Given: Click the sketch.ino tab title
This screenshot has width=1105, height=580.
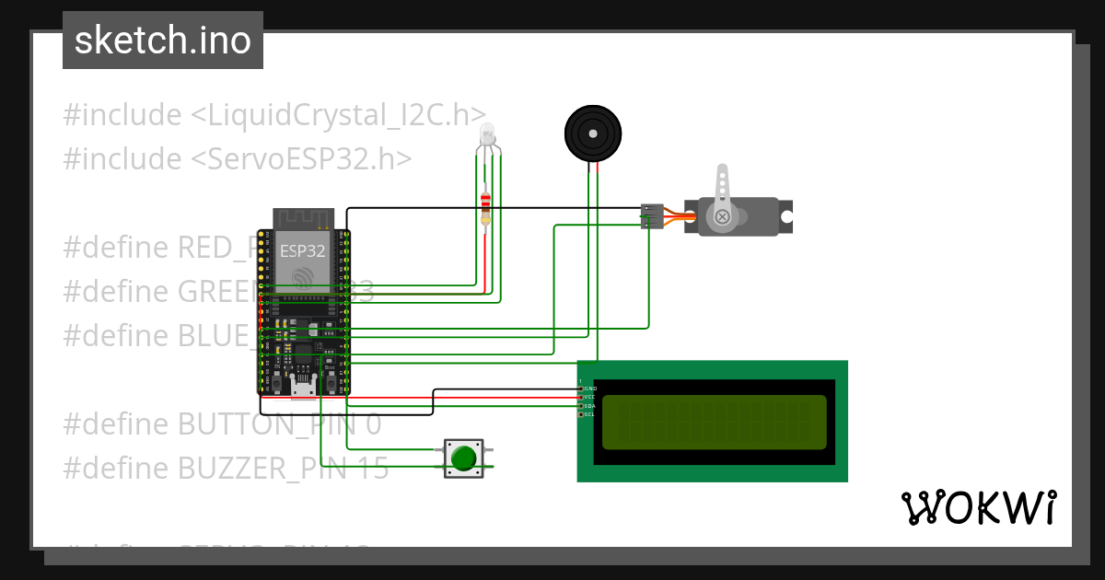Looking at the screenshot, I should point(163,41).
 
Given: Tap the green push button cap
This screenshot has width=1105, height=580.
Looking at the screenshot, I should point(463,458).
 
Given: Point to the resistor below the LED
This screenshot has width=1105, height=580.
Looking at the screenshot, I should point(486,208).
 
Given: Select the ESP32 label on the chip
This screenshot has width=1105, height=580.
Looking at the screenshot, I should point(302,249).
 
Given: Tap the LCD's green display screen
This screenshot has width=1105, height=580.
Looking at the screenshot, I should point(715,422).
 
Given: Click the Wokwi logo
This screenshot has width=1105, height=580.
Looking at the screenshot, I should point(978,507).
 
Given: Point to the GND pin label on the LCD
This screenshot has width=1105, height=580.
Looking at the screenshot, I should point(589,389).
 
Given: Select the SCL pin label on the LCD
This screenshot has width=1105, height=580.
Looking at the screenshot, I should point(589,414).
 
